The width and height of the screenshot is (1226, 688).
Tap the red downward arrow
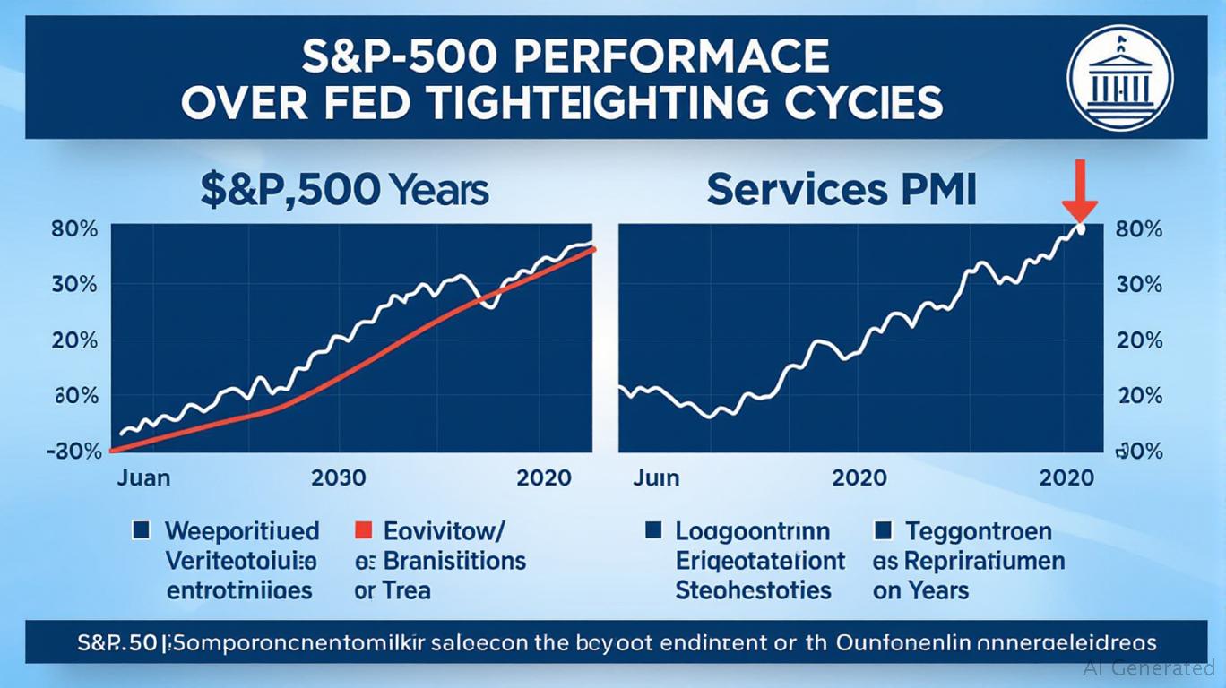pos(1080,191)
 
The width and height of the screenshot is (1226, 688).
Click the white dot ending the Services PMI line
pos(1081,229)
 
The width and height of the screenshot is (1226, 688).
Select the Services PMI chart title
pos(840,191)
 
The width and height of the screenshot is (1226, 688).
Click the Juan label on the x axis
pos(143,477)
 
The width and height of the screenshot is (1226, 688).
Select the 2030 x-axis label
pos(338,477)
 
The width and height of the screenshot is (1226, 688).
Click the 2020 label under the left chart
pos(544,477)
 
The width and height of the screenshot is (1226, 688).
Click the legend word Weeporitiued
pos(242,531)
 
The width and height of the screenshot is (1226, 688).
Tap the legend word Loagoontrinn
pos(753,531)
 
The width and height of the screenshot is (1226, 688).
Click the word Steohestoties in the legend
pos(754,590)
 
